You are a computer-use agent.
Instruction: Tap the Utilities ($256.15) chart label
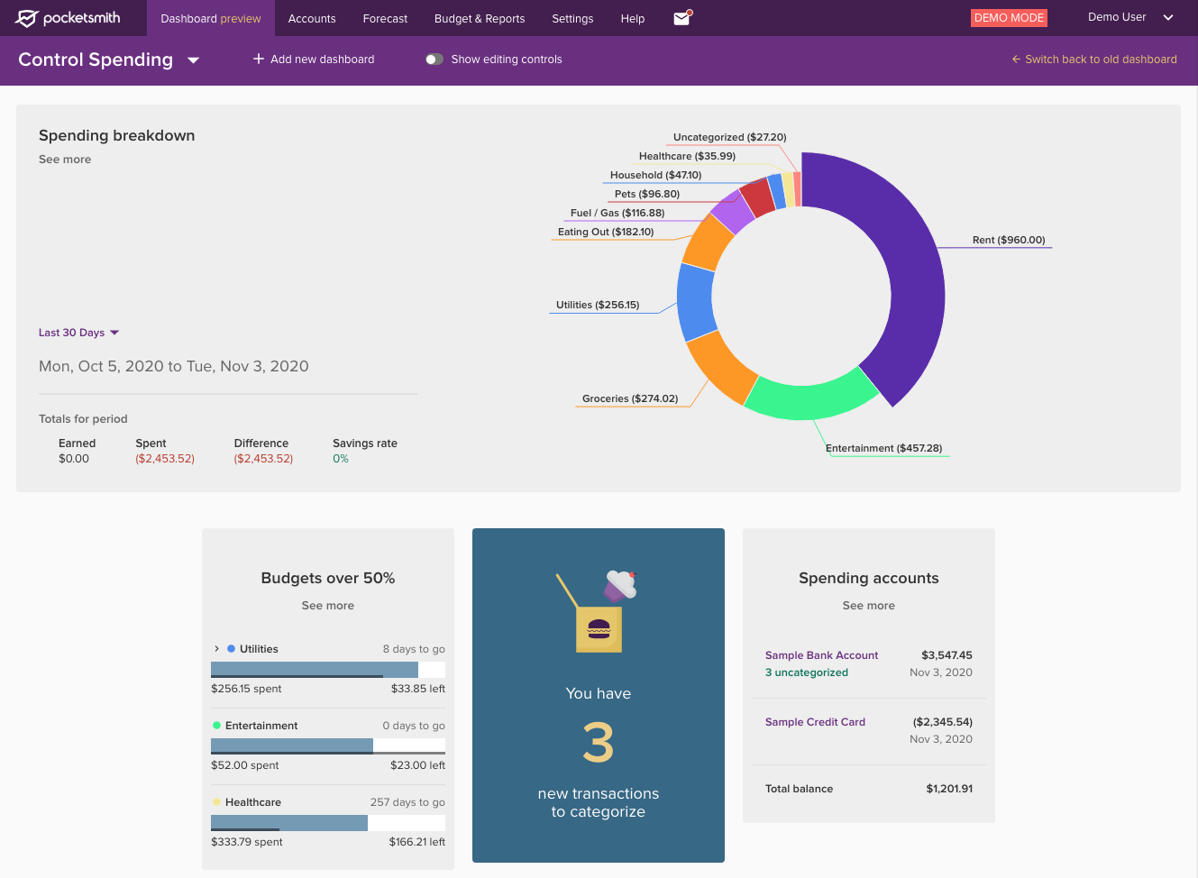pos(598,305)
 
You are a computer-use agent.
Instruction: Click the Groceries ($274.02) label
pos(630,398)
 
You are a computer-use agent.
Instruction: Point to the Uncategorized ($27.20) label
pos(729,137)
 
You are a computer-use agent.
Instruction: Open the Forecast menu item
pos(385,18)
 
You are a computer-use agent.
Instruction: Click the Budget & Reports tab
pos(480,18)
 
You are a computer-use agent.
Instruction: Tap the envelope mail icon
pos(681,18)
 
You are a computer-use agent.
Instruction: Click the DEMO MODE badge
pos(1009,18)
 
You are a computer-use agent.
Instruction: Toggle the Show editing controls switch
pos(434,59)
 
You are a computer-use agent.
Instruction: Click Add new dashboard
pos(314,59)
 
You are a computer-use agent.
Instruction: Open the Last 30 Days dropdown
pos(78,333)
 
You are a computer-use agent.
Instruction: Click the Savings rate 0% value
pos(341,459)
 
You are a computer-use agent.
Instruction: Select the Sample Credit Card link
pos(815,722)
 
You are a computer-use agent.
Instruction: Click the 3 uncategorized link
pos(807,672)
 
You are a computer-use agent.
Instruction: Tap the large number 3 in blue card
pos(598,743)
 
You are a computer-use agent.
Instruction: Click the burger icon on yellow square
pos(599,629)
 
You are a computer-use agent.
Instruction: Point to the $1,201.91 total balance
pos(949,789)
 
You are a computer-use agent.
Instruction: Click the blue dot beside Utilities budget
pos(232,649)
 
